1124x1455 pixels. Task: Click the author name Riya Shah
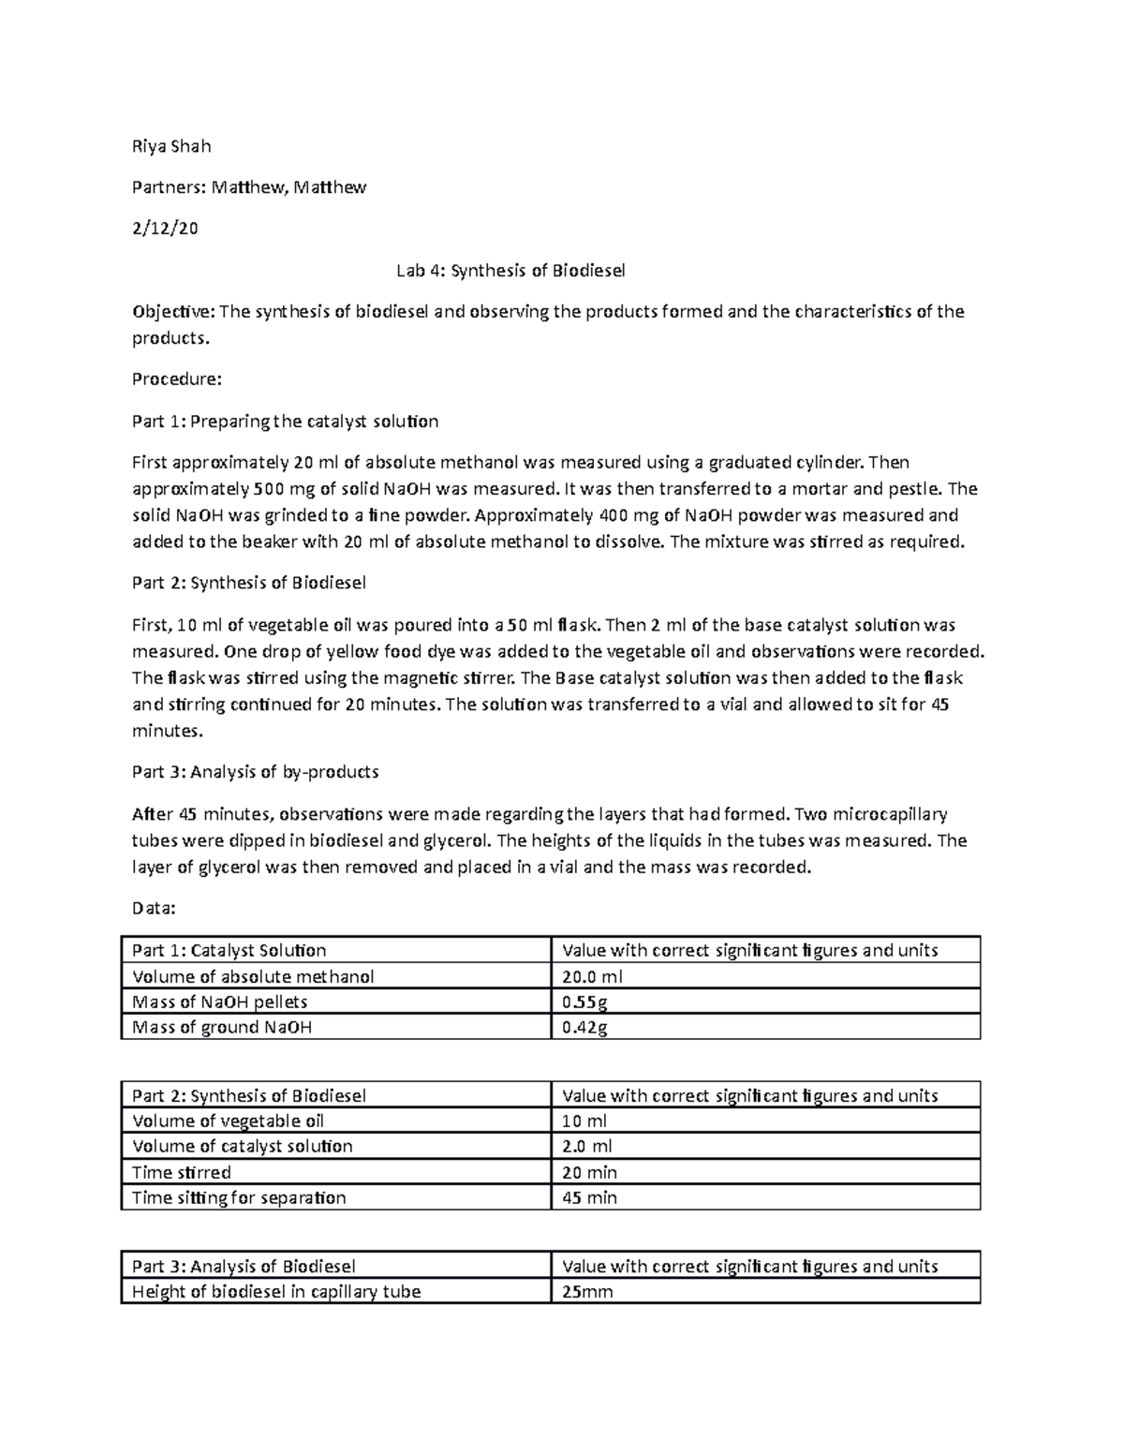(x=171, y=146)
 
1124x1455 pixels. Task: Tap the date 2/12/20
(x=165, y=228)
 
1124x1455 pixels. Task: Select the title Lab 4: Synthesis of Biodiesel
(x=510, y=271)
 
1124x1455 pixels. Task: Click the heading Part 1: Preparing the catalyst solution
(x=285, y=422)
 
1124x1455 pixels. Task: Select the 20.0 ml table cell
(x=592, y=976)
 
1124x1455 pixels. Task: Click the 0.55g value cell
(x=584, y=1002)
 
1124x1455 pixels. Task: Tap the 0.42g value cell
(x=584, y=1027)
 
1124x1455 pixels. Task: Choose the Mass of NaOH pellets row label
(x=220, y=1002)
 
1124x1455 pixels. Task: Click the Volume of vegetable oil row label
(x=229, y=1121)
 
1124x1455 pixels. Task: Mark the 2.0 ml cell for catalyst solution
(x=587, y=1146)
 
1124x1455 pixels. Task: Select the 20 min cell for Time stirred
(x=589, y=1172)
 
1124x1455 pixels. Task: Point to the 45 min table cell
(x=589, y=1197)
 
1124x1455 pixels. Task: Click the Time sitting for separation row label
(x=239, y=1197)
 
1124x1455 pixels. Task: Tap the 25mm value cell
(x=587, y=1292)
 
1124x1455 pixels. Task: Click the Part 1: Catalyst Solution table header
(x=229, y=950)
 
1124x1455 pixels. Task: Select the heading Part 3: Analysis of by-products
(x=255, y=772)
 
